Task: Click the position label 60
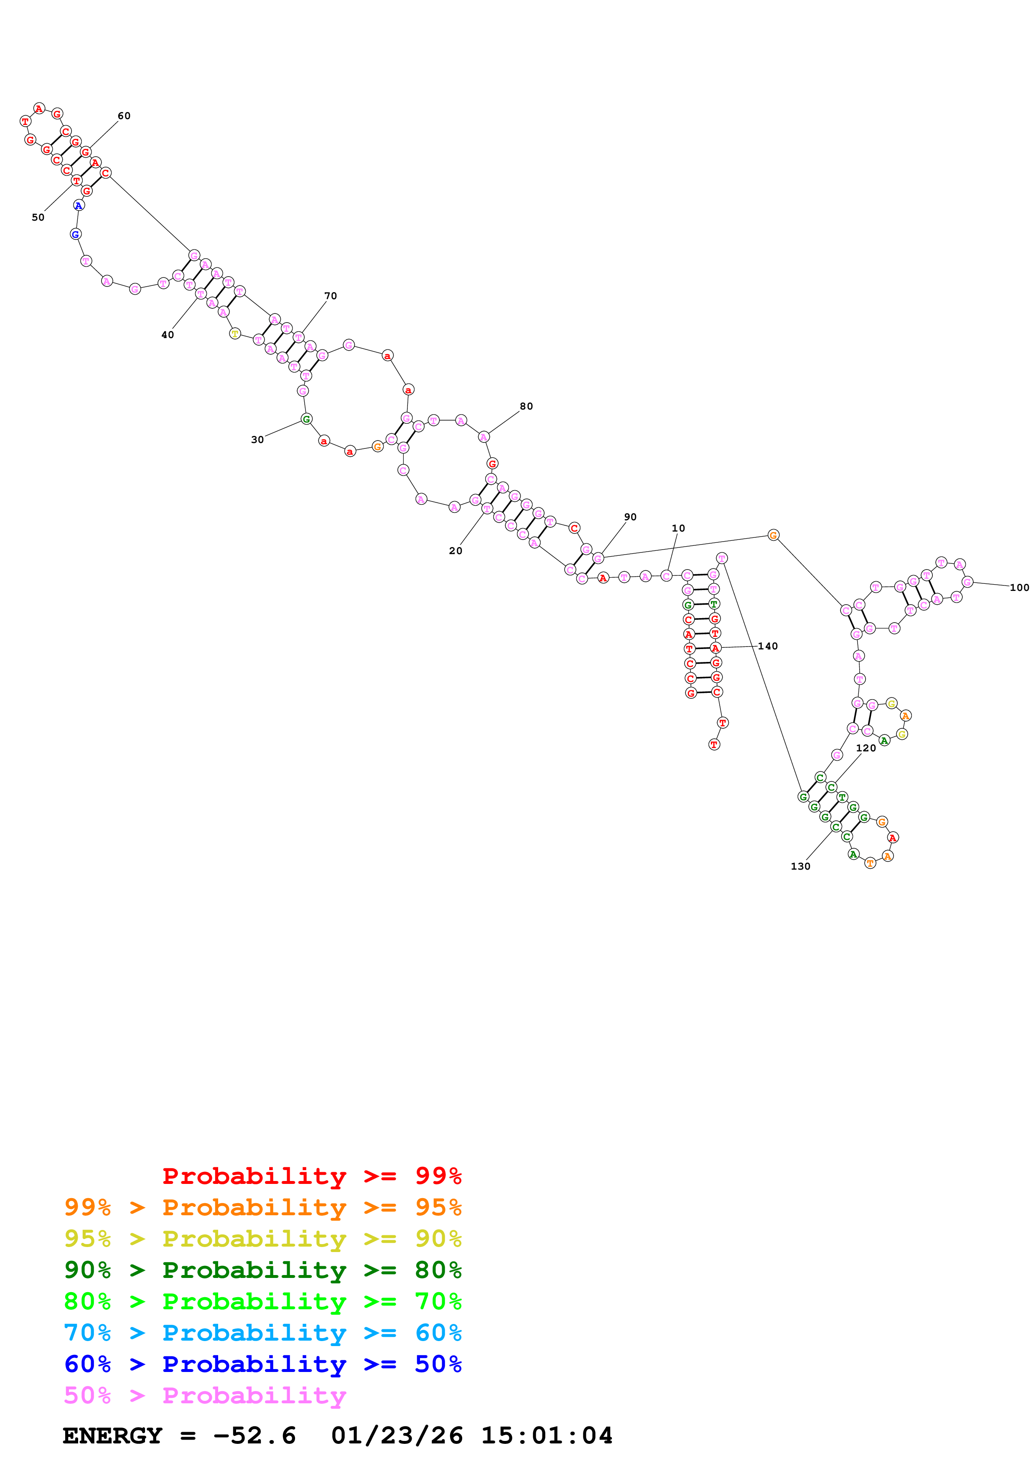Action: (124, 116)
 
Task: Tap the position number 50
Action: (38, 217)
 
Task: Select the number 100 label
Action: (1019, 588)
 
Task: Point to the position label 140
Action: (767, 646)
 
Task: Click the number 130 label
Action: (800, 866)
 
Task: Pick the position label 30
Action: (257, 439)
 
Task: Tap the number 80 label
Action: (526, 406)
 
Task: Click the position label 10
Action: (678, 528)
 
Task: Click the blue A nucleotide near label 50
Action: (79, 206)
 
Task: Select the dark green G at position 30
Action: (306, 419)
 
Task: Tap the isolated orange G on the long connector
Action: (773, 535)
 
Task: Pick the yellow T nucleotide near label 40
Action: (235, 333)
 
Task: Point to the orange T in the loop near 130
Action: (870, 863)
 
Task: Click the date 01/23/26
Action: (397, 1436)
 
